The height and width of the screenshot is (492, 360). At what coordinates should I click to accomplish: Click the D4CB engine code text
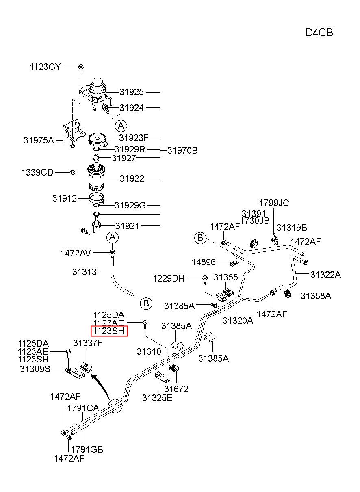tap(319, 33)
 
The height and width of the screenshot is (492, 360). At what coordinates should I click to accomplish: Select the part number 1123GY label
tap(45, 67)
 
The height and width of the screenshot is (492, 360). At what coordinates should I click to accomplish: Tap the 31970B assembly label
tap(182, 150)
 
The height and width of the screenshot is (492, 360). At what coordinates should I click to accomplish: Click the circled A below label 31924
tap(121, 126)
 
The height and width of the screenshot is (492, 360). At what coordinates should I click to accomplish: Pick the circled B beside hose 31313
tap(146, 303)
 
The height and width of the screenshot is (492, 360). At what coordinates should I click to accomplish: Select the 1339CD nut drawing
tap(72, 172)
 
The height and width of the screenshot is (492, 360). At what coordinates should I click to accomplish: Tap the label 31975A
tap(39, 140)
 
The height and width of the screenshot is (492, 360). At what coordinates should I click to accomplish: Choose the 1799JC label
tap(274, 203)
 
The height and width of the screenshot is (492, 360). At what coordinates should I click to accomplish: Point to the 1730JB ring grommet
tap(254, 243)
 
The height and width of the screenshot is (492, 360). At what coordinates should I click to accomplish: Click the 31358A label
tap(316, 296)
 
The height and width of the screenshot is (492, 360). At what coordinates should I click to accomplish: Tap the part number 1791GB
tap(87, 449)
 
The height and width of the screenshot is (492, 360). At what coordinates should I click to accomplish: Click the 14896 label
tap(204, 262)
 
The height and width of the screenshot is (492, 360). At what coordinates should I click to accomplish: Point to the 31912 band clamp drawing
tap(97, 198)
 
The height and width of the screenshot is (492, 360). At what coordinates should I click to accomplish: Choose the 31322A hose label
tap(325, 275)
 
